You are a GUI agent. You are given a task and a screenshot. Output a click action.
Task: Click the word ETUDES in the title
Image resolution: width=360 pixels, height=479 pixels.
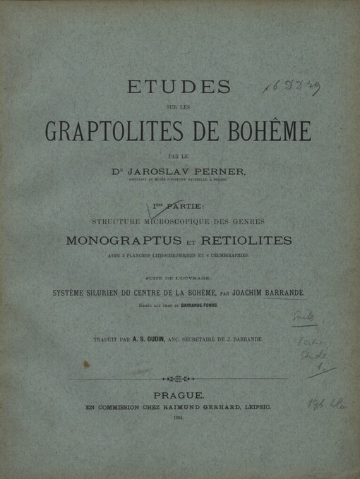[178, 87]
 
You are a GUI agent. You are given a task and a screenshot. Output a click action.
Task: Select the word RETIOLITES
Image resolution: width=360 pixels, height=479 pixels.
[246, 241]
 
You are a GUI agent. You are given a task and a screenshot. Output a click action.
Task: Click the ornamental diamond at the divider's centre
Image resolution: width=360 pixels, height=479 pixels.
[179, 379]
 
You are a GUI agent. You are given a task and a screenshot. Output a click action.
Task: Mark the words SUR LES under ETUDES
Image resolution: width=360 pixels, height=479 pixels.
[179, 108]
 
